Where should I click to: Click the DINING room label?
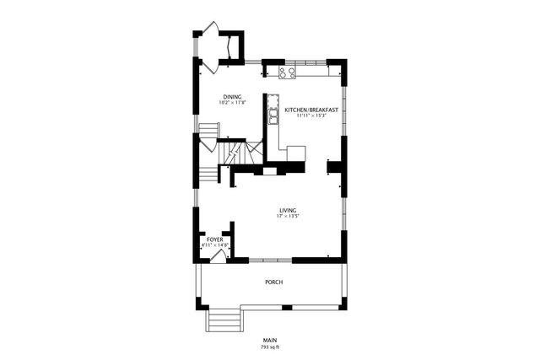(x=233, y=96)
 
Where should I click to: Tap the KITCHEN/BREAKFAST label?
(x=311, y=110)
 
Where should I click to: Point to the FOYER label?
(x=215, y=239)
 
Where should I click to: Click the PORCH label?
(x=273, y=282)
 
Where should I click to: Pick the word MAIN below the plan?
(x=270, y=340)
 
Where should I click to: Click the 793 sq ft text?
(x=270, y=347)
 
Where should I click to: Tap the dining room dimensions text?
(x=233, y=103)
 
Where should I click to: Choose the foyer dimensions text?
(x=215, y=245)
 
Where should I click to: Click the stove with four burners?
(x=287, y=73)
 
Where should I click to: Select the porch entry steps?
(x=224, y=320)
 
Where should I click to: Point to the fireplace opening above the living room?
(x=268, y=171)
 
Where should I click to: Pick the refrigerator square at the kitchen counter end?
(x=296, y=153)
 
